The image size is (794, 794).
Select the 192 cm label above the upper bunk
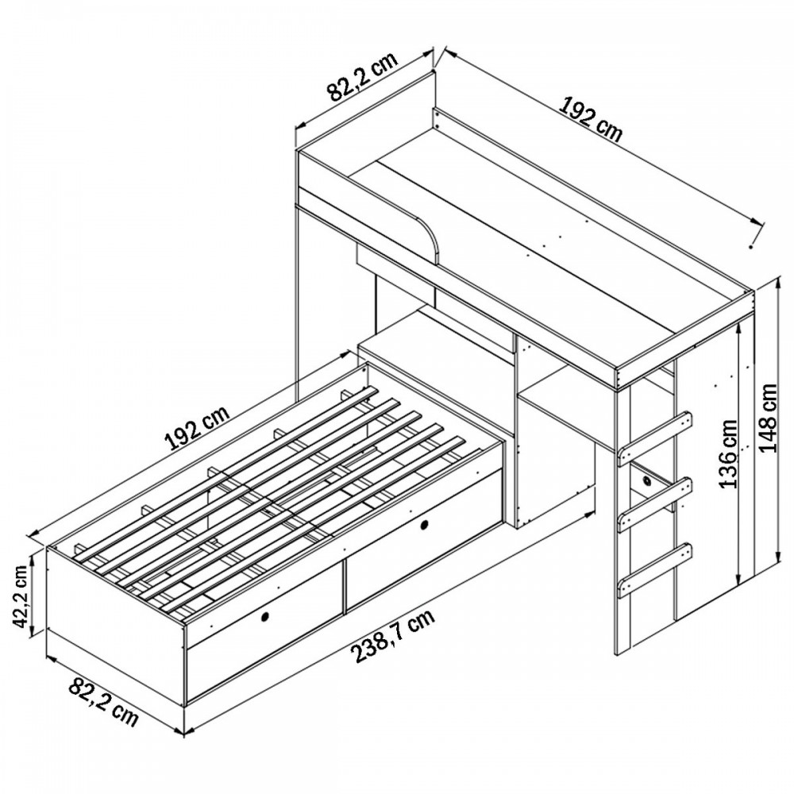click(x=590, y=122)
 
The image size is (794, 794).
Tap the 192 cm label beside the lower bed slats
click(x=198, y=428)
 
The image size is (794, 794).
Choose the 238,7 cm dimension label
click(x=394, y=638)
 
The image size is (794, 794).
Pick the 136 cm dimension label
click(x=729, y=453)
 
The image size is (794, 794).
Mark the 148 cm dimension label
click(x=768, y=418)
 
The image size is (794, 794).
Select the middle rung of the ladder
click(x=655, y=503)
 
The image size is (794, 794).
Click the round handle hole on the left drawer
click(x=264, y=617)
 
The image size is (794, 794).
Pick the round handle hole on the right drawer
click(x=424, y=525)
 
